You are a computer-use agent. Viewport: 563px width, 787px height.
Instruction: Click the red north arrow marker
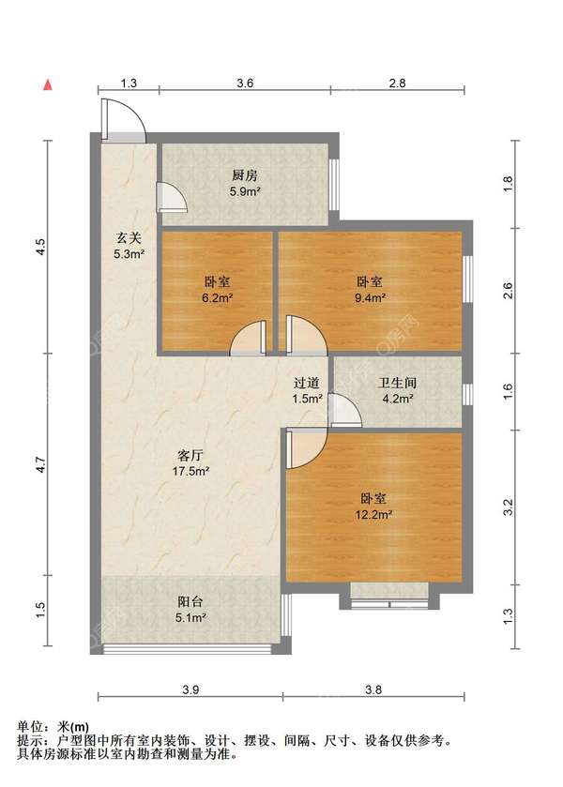(x=48, y=84)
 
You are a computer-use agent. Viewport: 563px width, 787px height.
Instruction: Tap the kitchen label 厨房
(x=245, y=175)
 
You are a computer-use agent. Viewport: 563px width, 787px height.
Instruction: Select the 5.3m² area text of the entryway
(x=129, y=254)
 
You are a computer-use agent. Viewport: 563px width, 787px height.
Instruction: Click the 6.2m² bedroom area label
(x=217, y=298)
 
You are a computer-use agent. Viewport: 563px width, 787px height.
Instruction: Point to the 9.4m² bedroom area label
(x=370, y=298)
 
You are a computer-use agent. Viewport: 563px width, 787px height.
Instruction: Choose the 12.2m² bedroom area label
(x=373, y=514)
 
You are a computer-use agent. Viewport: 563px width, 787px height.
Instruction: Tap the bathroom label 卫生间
(x=397, y=383)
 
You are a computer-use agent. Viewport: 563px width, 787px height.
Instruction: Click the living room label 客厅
(x=190, y=455)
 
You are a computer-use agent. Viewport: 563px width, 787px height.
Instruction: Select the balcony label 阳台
(x=190, y=601)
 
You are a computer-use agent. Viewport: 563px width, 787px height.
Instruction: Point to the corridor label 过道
(x=306, y=383)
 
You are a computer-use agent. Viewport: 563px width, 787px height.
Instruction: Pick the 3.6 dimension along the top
(x=245, y=83)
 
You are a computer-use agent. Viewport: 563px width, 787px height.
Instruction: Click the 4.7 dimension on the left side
(x=41, y=464)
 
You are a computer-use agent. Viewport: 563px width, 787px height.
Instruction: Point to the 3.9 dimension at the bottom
(x=190, y=689)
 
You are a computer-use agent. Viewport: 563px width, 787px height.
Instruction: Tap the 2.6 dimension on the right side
(x=509, y=291)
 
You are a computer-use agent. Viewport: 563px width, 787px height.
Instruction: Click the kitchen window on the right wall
(x=333, y=185)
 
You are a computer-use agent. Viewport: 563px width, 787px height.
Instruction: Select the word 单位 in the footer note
(x=29, y=726)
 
